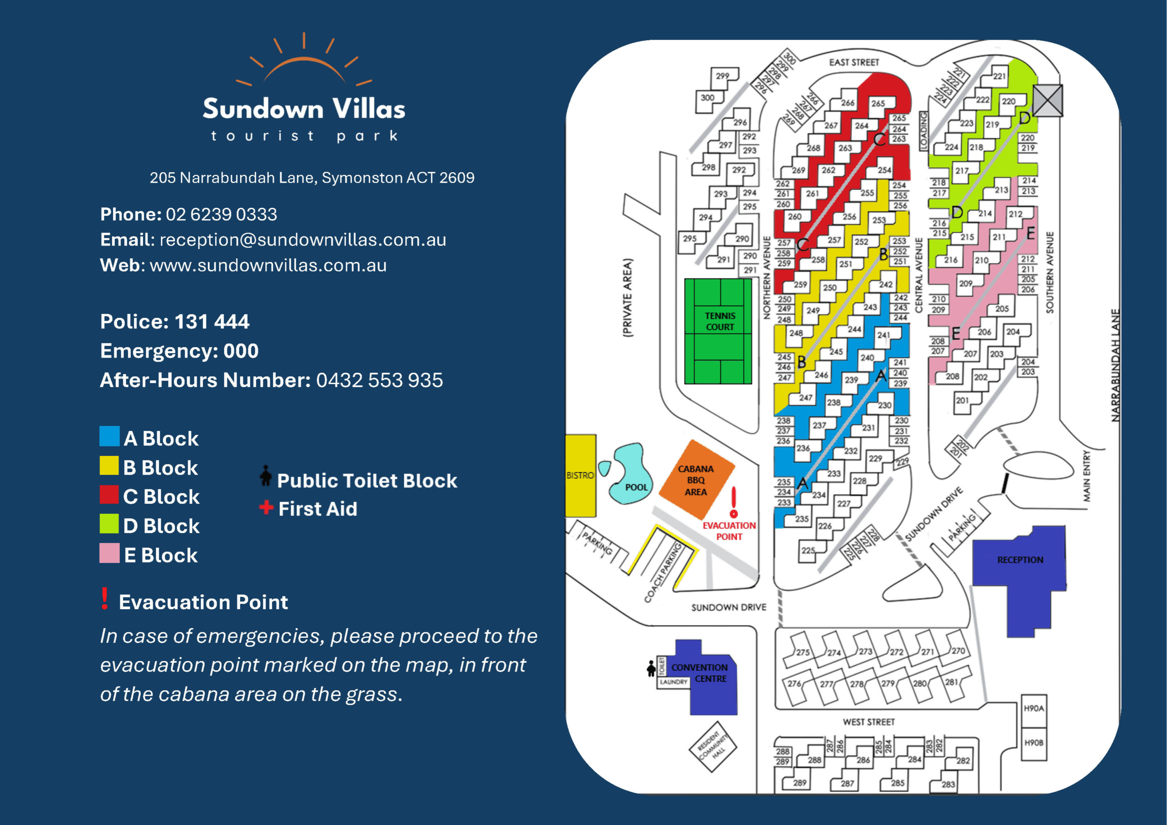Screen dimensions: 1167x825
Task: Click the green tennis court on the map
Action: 718,331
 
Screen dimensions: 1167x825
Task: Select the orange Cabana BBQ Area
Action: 695,480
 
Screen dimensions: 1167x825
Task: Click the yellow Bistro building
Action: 580,476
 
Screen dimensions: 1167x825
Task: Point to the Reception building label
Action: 1020,560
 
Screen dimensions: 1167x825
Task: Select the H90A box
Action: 1033,708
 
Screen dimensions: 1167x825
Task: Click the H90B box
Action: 1033,743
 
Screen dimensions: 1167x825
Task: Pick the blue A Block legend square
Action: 109,436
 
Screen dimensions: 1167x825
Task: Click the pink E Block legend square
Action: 109,553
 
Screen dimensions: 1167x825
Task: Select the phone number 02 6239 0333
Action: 221,215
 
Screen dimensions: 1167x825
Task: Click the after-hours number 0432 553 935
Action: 379,380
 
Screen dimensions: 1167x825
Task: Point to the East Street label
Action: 854,62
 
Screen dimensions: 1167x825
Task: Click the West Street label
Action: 869,722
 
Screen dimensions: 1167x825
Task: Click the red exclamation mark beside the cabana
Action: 733,502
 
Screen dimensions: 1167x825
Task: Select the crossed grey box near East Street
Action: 1048,101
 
